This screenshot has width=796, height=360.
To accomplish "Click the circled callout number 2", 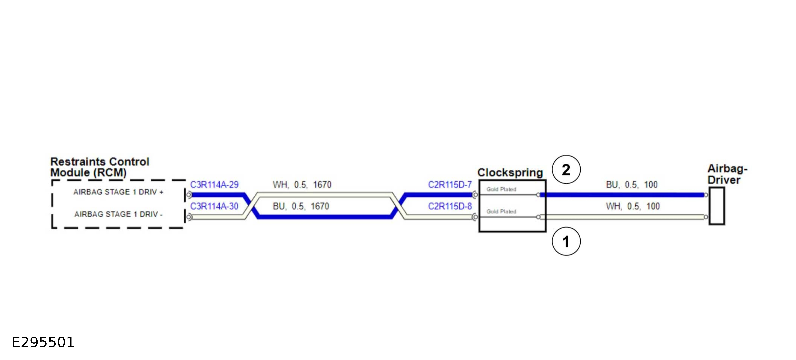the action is [x=566, y=170].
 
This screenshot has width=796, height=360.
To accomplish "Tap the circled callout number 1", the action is [x=566, y=241].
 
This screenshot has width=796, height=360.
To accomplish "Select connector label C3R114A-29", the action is [x=214, y=185].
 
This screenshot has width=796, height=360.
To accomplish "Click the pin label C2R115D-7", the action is [x=450, y=185].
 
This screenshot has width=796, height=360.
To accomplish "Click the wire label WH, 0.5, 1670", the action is [x=302, y=185].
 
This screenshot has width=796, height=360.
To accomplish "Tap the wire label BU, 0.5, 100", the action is [x=632, y=185].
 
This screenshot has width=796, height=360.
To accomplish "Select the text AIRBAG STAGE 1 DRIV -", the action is [x=118, y=214].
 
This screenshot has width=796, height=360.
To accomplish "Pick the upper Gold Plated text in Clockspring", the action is [x=501, y=189].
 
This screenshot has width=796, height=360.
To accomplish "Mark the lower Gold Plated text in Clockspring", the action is [x=501, y=211].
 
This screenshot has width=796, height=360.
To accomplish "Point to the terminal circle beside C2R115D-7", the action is [x=475, y=195].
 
